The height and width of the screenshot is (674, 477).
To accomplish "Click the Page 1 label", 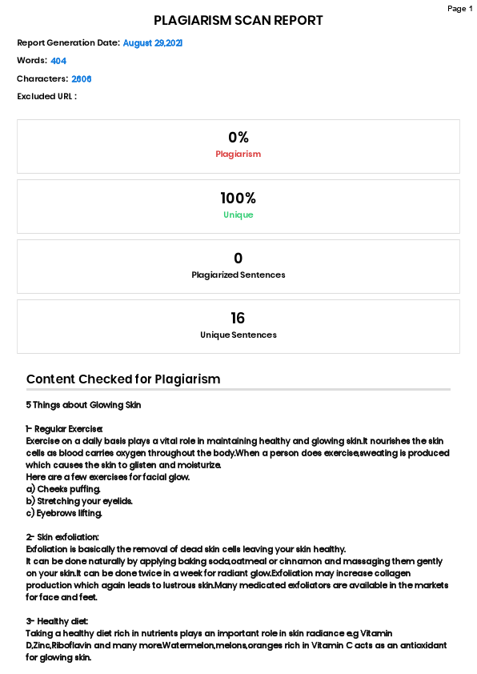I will tap(459, 9).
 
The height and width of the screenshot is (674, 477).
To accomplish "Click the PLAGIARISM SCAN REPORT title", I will tap(238, 21).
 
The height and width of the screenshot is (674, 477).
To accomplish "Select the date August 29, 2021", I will tap(153, 43).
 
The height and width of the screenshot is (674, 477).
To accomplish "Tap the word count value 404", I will tap(58, 61).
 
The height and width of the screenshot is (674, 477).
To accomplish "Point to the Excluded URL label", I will tap(46, 97).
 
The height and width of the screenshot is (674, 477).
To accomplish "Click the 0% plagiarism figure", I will tap(238, 138).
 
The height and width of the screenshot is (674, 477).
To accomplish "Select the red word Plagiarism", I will tap(238, 154).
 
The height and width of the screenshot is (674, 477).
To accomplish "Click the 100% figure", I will tap(238, 198).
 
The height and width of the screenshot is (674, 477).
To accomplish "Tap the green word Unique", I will tap(238, 215).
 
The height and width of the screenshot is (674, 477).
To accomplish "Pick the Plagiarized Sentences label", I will tap(238, 275).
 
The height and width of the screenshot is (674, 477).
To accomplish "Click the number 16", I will tap(238, 318).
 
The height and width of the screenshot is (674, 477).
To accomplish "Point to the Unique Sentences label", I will tap(238, 335).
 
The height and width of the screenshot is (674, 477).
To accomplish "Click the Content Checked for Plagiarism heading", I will tap(123, 379).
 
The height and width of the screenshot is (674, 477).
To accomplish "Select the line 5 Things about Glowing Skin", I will tap(83, 405).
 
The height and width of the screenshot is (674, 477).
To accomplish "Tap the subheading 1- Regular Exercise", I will tap(65, 429).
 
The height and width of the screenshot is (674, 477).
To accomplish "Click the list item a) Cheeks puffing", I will tap(63, 489).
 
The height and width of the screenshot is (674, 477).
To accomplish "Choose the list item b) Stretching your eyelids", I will tap(79, 501).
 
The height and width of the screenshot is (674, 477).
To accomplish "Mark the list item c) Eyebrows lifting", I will tap(65, 513).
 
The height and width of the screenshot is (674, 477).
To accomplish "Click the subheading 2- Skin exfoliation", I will tap(62, 537).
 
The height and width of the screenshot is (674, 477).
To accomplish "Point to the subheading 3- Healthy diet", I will tap(57, 621).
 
